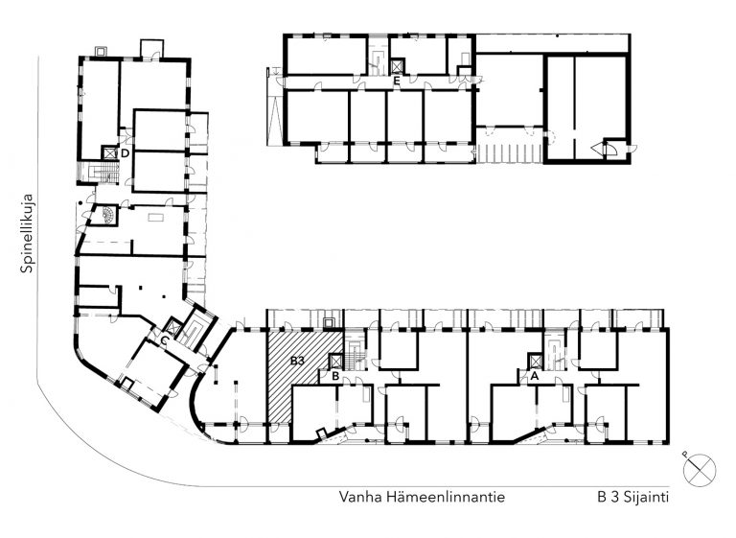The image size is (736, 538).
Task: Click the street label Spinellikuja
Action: click(x=27, y=233)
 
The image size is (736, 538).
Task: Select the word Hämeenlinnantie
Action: click(x=446, y=497)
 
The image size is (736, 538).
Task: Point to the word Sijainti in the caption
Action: click(x=646, y=498)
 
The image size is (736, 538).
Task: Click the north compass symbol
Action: click(x=700, y=470)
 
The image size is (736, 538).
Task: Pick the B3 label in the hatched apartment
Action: click(x=298, y=361)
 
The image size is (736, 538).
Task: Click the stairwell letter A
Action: click(x=534, y=375)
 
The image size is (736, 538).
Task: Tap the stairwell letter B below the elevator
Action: click(x=335, y=376)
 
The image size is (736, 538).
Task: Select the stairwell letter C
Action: click(x=164, y=340)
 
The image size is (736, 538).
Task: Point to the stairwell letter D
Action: click(x=125, y=153)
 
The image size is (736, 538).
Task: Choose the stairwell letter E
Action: click(x=397, y=81)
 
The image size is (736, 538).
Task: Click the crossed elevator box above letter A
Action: click(x=535, y=361)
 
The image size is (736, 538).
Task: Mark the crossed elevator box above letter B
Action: click(x=336, y=361)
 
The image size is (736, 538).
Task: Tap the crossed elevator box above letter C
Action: click(x=174, y=326)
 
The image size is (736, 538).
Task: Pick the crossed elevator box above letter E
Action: click(x=397, y=66)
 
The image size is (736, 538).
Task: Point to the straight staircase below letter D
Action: click(x=103, y=173)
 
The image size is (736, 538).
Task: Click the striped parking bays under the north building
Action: click(x=509, y=153)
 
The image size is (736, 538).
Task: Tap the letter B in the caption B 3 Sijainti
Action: click(x=602, y=498)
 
